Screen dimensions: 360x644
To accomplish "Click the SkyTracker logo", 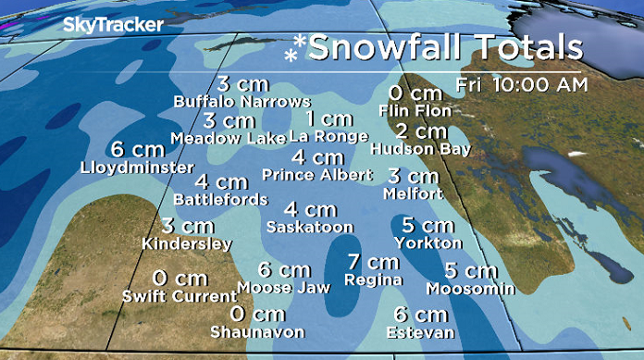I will (112, 25).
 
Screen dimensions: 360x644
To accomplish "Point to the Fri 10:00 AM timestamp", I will (522, 85).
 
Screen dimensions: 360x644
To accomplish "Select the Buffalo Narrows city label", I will (243, 101).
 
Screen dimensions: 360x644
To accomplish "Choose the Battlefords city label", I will (221, 199).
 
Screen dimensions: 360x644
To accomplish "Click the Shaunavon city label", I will (256, 331).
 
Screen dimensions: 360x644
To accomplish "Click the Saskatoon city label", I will (310, 226).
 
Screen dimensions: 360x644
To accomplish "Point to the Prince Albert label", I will (317, 174).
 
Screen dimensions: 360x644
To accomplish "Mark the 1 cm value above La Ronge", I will (329, 119).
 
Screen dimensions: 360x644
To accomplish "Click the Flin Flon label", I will (415, 110).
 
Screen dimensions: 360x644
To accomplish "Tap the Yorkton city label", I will (427, 242).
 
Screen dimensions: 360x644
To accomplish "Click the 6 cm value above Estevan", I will (421, 315).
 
